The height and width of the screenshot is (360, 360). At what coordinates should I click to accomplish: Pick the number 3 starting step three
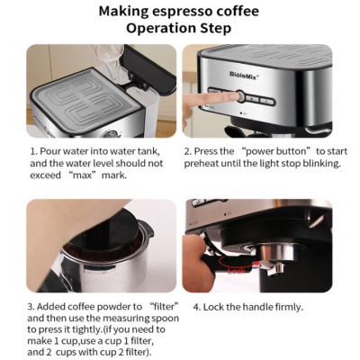click(31, 306)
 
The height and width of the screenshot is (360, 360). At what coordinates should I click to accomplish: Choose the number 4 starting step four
click(195, 306)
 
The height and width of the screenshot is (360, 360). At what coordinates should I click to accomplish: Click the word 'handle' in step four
click(256, 306)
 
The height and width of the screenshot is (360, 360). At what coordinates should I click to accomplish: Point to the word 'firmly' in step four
click(290, 306)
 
